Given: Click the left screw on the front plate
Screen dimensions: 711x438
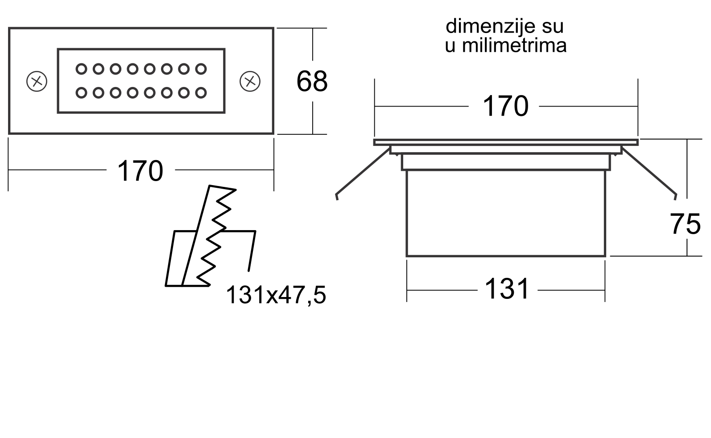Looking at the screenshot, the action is click(x=37, y=81).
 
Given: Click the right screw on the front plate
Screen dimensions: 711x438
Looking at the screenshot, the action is click(x=250, y=81).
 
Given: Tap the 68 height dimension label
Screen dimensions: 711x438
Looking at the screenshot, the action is click(x=312, y=82).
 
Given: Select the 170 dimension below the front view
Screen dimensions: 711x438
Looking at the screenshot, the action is click(x=141, y=171).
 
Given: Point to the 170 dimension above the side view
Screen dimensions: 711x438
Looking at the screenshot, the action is click(x=506, y=106).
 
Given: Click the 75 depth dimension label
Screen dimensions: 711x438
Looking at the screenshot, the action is click(x=685, y=224).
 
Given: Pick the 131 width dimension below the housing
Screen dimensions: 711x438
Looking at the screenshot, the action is click(x=507, y=289).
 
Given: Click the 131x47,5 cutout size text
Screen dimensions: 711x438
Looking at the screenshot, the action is click(x=276, y=295).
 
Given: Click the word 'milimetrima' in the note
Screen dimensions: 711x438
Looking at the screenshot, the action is click(x=514, y=45).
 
